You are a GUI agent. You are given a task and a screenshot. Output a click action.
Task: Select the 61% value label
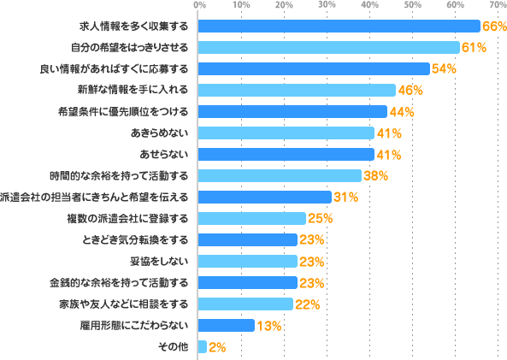475,47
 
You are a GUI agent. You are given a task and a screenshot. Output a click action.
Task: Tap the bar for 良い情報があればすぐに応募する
314,68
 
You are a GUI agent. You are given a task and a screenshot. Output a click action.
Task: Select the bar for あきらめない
286,133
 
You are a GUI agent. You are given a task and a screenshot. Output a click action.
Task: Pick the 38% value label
375,175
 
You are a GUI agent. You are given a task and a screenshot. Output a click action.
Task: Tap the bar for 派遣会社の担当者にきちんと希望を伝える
265,197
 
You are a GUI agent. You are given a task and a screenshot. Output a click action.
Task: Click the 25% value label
320,218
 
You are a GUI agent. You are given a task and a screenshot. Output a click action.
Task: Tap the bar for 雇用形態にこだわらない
227,325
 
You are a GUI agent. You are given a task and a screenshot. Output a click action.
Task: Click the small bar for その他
203,346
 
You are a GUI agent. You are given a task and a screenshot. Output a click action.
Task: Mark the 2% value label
217,346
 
